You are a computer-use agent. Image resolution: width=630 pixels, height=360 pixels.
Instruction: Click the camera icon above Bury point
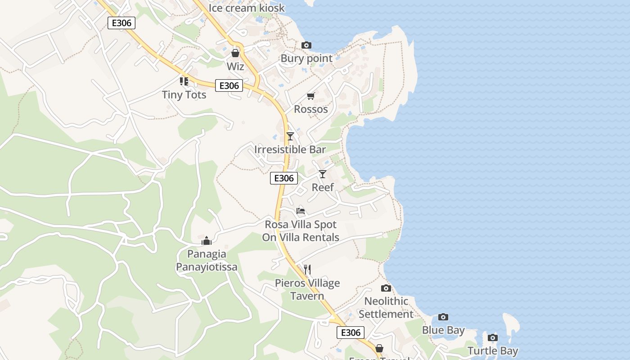coord(306,45)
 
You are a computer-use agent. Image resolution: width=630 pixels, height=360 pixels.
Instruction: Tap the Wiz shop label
coord(235,67)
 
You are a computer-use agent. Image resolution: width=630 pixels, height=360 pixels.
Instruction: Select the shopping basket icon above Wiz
coord(235,53)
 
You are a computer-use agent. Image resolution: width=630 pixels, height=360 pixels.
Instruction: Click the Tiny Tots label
coord(184,94)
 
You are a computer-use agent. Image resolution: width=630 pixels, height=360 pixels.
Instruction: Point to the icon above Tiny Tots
coord(184,81)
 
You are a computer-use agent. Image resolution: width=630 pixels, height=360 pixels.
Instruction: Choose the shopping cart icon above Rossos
coord(310,96)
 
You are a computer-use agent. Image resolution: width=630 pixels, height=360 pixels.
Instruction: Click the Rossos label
coord(310,109)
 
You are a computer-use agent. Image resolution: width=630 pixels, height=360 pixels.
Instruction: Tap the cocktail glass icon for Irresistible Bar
coord(290,136)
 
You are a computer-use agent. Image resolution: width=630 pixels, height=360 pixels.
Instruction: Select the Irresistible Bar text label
coord(290,149)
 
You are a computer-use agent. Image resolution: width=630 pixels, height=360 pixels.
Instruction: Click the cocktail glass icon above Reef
coord(322,174)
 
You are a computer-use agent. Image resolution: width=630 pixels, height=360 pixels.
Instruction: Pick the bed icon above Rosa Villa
coord(301,211)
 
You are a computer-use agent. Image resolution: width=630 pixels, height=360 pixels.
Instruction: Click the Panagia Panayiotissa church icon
coord(207,241)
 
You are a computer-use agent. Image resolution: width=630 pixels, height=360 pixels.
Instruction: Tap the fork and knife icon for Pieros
coord(307,269)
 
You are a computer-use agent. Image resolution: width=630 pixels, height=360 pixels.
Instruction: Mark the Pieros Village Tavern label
coord(307,289)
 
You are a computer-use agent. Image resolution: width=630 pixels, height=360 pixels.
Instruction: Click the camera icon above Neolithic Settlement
coord(386,288)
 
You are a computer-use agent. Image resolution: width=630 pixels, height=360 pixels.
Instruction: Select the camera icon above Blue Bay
coord(443,317)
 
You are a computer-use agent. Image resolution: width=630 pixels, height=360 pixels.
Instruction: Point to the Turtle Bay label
coord(493,351)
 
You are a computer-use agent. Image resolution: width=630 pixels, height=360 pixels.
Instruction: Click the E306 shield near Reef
coord(284,178)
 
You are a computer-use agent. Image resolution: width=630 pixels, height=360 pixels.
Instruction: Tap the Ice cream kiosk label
coord(247,8)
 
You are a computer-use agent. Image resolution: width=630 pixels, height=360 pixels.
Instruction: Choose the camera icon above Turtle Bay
coord(493,337)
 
